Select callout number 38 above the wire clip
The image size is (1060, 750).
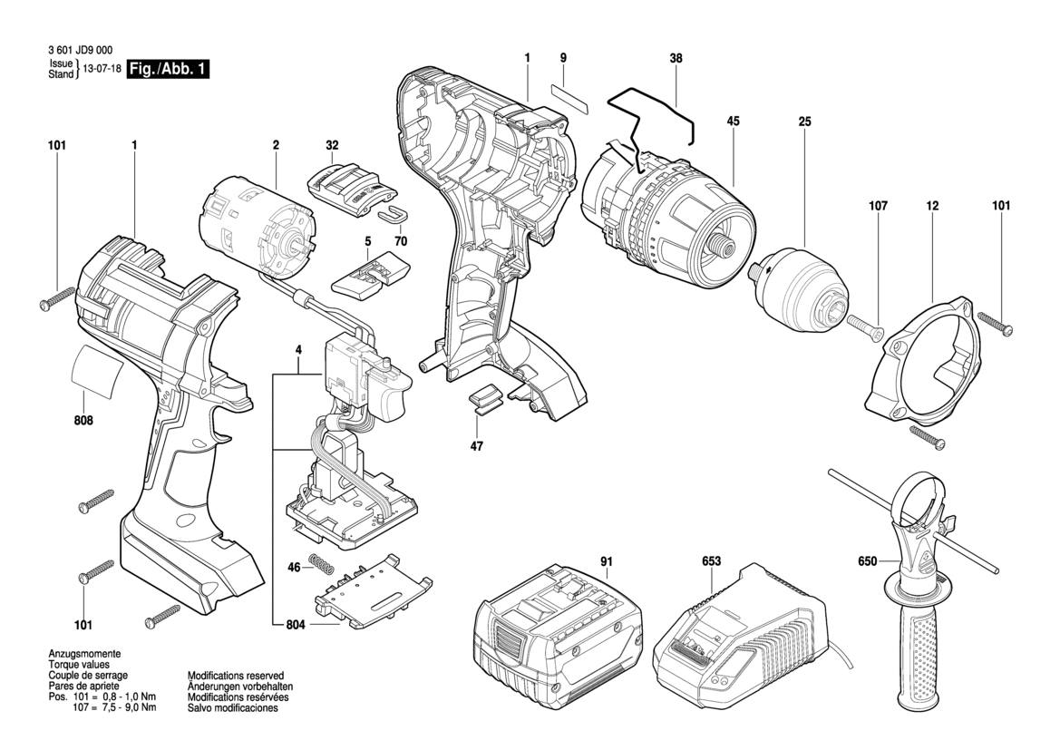[x=676, y=58]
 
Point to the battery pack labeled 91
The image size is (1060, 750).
[x=555, y=636]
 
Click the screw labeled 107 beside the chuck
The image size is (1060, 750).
[x=866, y=326]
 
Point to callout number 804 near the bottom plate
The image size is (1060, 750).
[x=295, y=625]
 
